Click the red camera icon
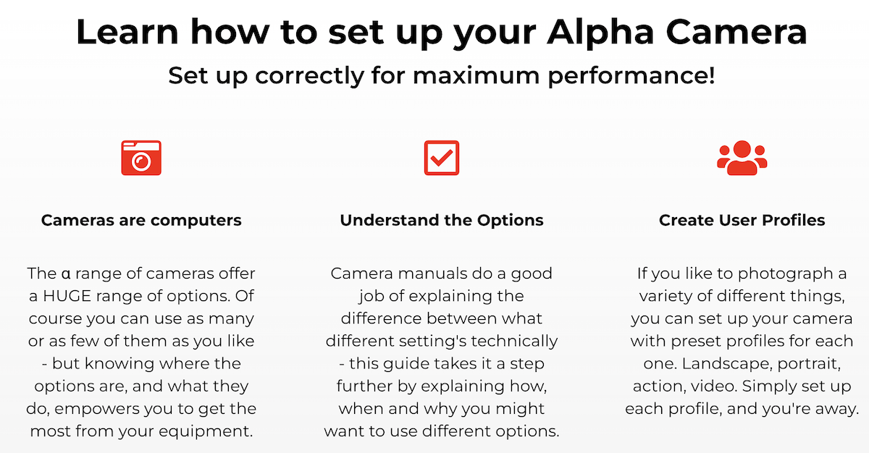(x=141, y=158)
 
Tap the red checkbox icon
(x=441, y=158)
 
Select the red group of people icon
(x=742, y=157)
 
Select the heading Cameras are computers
(x=141, y=220)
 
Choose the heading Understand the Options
(x=442, y=220)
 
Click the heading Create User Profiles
(x=742, y=220)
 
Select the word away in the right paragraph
(x=836, y=409)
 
